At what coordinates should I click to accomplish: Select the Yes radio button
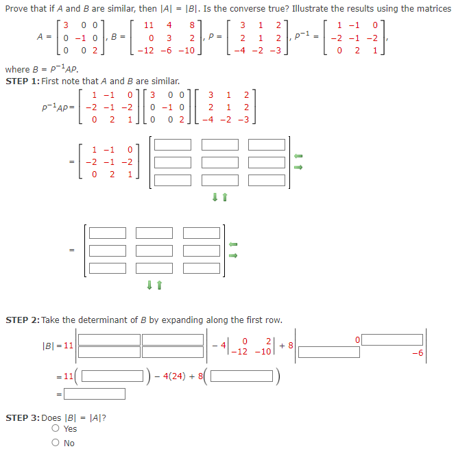[x=55, y=429]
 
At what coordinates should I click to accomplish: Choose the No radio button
[x=55, y=443]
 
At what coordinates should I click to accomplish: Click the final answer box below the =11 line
[x=95, y=394]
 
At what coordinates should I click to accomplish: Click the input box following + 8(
[x=243, y=376]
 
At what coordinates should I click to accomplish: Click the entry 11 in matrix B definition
[x=148, y=24]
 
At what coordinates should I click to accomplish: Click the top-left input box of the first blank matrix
[x=172, y=144]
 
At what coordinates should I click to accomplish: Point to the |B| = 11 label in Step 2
[x=58, y=345]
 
